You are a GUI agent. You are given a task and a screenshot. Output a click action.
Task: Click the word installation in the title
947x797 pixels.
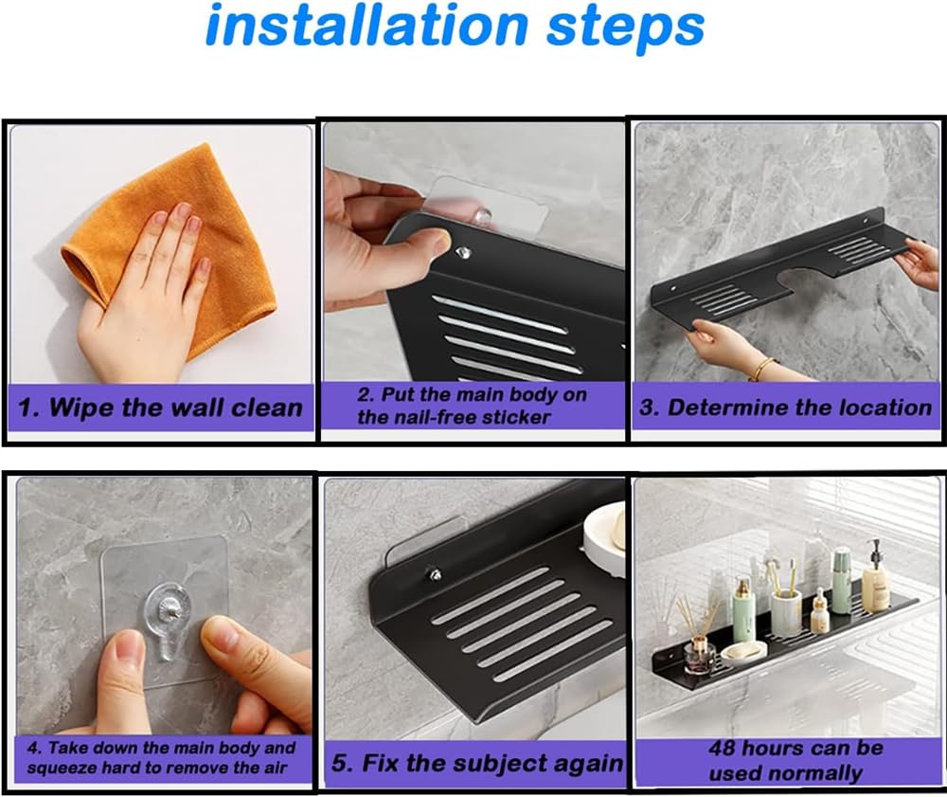pyautogui.click(x=367, y=25)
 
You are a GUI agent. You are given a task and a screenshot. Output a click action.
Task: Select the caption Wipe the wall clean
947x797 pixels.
pyautogui.click(x=160, y=408)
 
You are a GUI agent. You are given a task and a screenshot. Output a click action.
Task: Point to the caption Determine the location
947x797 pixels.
pyautogui.click(x=785, y=407)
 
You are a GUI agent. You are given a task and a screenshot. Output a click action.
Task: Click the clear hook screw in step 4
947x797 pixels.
pyautogui.click(x=163, y=609)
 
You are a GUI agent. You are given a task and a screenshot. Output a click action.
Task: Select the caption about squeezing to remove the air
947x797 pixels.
pyautogui.click(x=161, y=758)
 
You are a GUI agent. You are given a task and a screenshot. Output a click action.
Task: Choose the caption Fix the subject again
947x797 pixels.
pyautogui.click(x=477, y=763)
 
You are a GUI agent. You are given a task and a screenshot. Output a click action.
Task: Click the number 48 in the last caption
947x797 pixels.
pyautogui.click(x=723, y=748)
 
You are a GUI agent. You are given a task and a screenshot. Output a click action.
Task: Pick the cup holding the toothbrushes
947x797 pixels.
pyautogui.click(x=786, y=613)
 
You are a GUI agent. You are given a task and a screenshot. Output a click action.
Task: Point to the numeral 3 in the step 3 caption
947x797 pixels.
pyautogui.click(x=646, y=408)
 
